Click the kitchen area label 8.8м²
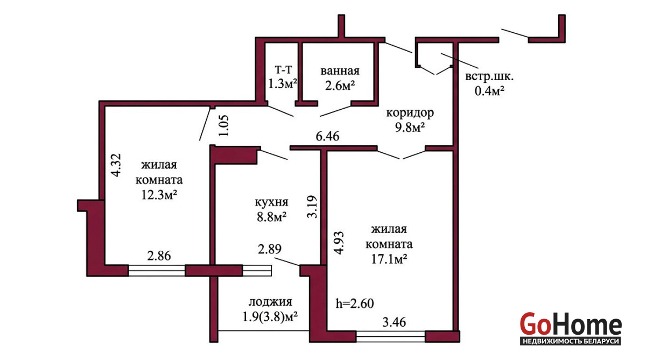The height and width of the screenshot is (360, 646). coord(271,217)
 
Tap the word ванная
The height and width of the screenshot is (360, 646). coord(340,71)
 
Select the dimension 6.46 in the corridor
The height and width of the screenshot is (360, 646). coord(327,136)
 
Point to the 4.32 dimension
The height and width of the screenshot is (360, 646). coord(116,165)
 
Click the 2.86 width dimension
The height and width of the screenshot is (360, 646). coord(159,256)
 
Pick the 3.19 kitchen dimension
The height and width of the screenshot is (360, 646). coord(312,207)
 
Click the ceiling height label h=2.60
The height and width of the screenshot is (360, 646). coord(355,303)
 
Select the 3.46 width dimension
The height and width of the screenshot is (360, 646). coord(394,322)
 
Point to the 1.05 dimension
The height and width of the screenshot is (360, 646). coord(223,125)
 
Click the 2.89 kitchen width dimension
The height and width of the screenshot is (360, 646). coord(270,249)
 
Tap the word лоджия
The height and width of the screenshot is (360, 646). coord(270,302)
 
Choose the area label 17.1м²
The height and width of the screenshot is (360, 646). coord(389,259)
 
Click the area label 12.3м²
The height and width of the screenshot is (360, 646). coord(159,195)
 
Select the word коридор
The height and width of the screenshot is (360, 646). coord(410,113)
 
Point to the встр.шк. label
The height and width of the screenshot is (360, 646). coord(489,76)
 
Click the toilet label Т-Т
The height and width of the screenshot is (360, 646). coord(283,69)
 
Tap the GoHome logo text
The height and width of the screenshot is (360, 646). coord(571,324)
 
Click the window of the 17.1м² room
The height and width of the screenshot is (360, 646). coord(391,336)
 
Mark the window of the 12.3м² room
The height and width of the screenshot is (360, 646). coord(157,271)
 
